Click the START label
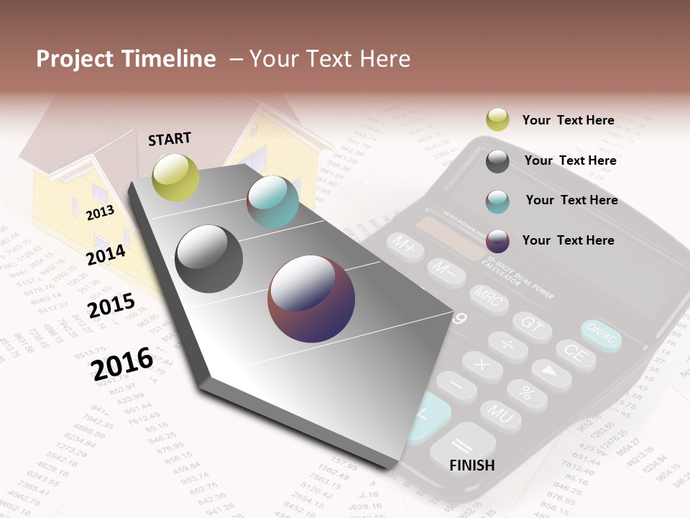tap(170, 139)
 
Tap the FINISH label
tap(471, 465)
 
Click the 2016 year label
tap(122, 363)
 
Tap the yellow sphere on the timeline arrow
tap(175, 177)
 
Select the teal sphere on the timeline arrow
tap(272, 201)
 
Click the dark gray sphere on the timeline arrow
tap(209, 259)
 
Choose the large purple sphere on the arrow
tap(311, 299)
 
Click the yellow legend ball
tap(497, 120)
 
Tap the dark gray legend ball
tap(497, 161)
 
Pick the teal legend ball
tap(497, 201)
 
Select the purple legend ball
tap(497, 240)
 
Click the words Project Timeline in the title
tap(126, 59)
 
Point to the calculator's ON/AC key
tap(601, 335)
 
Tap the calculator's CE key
tap(574, 354)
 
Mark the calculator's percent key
tap(527, 393)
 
